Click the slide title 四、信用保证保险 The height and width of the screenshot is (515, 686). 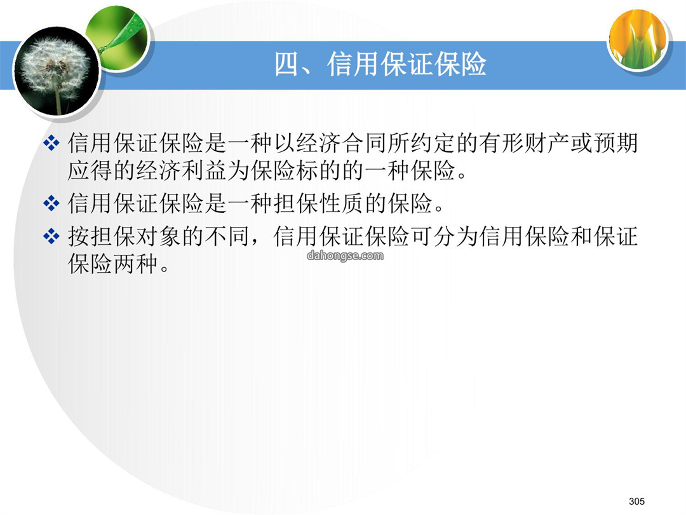(x=380, y=64)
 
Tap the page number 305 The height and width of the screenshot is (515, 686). (x=636, y=501)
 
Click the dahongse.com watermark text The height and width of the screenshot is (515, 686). (x=345, y=256)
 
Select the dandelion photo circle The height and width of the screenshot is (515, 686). (x=57, y=71)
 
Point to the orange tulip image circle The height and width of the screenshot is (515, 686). (x=638, y=39)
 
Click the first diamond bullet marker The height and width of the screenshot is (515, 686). (x=51, y=143)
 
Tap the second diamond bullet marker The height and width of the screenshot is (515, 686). (x=51, y=203)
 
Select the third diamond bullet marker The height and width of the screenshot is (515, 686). (x=51, y=236)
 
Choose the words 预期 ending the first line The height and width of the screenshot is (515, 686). (x=615, y=143)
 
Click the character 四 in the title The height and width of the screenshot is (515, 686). (x=287, y=64)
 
